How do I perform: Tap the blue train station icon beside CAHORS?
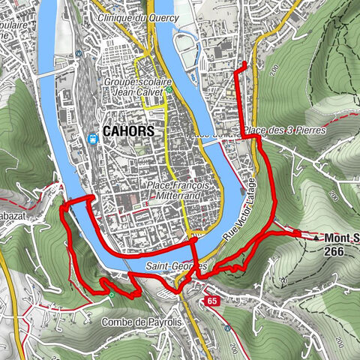click(92, 138)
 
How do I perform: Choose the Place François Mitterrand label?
click(180, 190)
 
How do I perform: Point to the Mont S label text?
click(341, 239)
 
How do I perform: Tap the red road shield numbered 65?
click(212, 301)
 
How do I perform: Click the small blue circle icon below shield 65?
click(226, 328)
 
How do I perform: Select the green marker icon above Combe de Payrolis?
click(112, 295)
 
